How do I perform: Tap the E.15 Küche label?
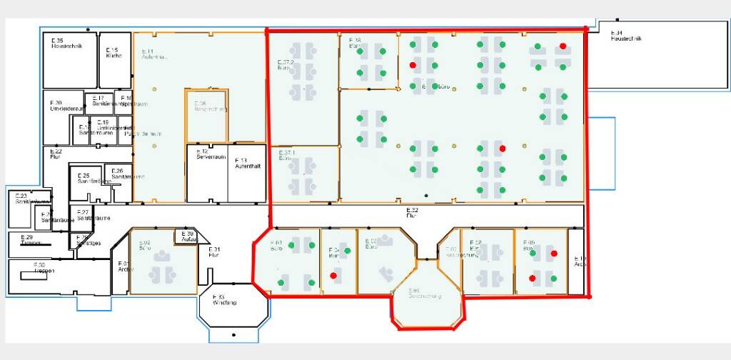[x=114, y=52]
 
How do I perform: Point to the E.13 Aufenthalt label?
[x=247, y=162]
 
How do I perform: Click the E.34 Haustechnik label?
[x=626, y=36]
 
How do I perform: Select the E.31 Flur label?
[x=213, y=251]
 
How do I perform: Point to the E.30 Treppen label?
[x=41, y=268]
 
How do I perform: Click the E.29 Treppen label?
[x=29, y=239]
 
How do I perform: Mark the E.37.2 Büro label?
[x=286, y=65]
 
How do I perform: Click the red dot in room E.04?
[x=333, y=275]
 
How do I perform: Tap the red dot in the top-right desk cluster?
[x=563, y=46]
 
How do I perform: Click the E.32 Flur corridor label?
[x=412, y=211]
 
